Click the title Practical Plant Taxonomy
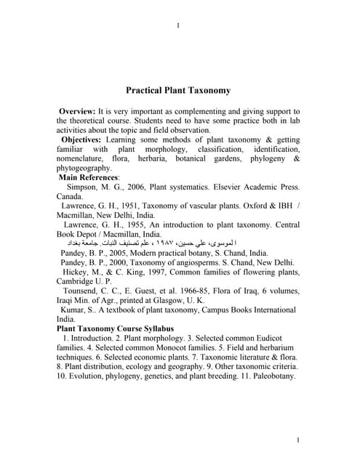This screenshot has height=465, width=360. point(178,91)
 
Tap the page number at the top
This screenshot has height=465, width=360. point(178,27)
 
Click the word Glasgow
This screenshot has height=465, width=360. point(156,300)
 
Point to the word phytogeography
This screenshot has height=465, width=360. point(84,167)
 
